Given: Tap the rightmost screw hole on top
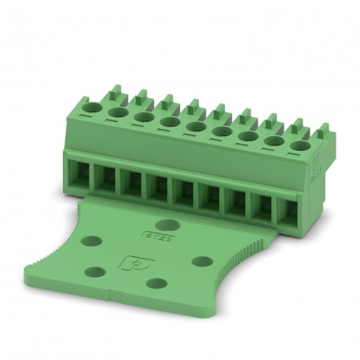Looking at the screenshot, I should [298, 145].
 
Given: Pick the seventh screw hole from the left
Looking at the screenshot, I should [248, 135].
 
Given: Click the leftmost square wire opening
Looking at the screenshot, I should [79, 172].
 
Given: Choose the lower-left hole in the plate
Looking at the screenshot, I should [94, 271].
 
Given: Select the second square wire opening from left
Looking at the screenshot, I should [105, 178].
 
